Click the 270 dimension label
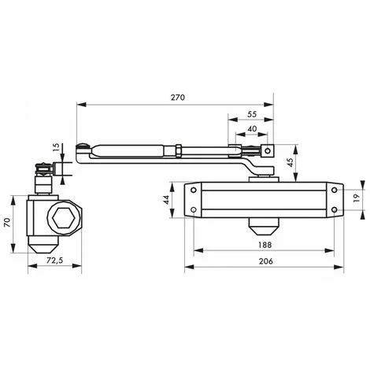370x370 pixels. click(x=178, y=98)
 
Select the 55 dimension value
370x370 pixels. click(x=252, y=114)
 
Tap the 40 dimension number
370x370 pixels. click(x=252, y=129)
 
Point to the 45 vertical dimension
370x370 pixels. click(x=290, y=162)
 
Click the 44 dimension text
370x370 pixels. click(x=166, y=200)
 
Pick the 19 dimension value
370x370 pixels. click(x=356, y=198)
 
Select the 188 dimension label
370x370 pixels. click(x=265, y=245)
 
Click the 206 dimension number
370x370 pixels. click(x=266, y=261)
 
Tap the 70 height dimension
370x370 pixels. click(x=7, y=223)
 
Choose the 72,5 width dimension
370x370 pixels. click(x=55, y=261)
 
